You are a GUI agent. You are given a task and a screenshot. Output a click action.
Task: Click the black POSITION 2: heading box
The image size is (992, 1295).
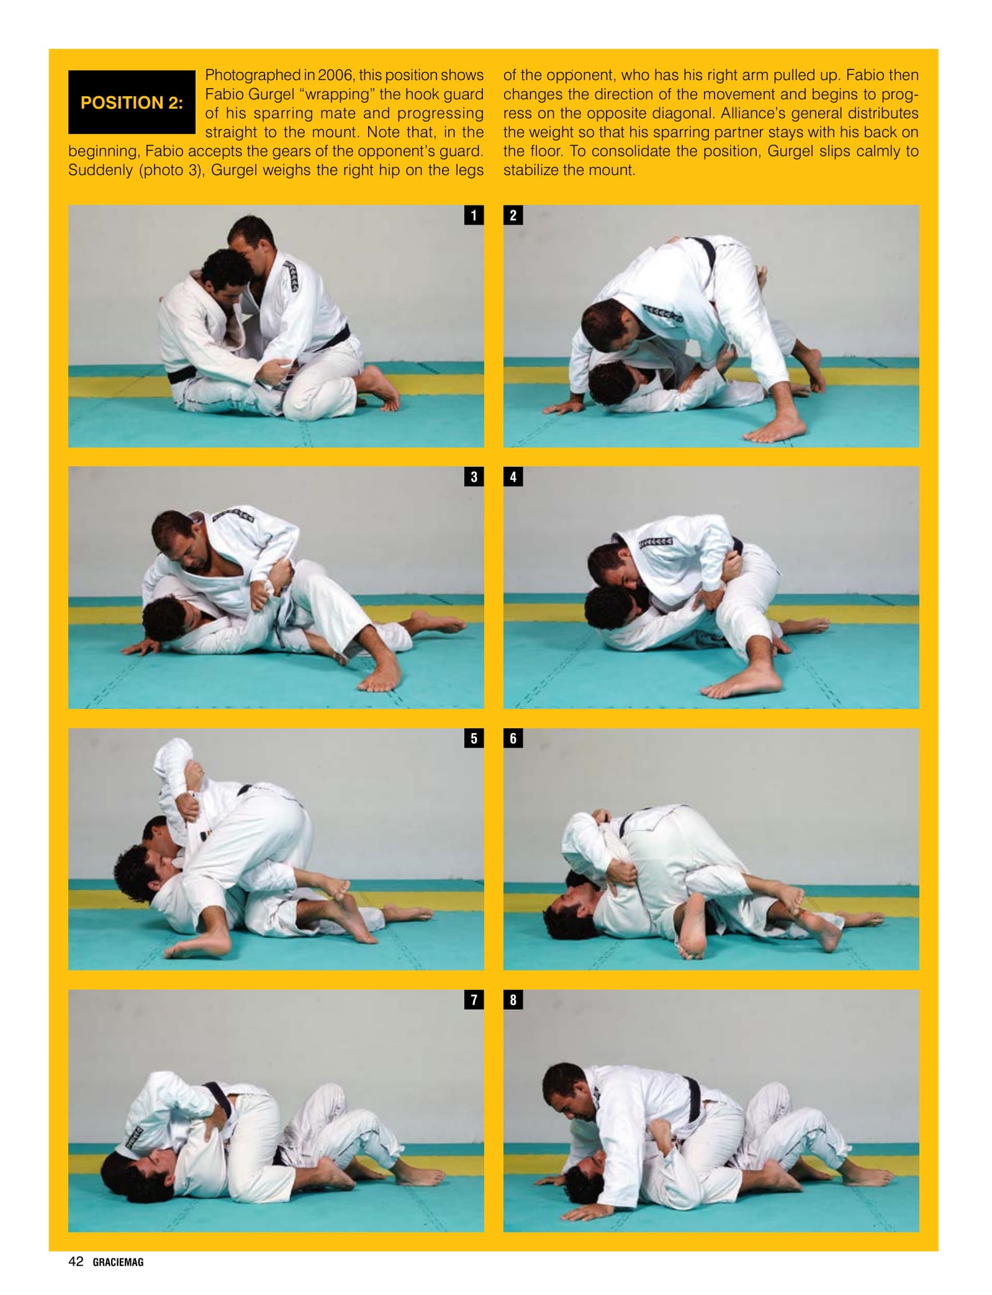132,102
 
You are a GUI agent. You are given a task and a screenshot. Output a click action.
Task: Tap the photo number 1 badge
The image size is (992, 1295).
474,215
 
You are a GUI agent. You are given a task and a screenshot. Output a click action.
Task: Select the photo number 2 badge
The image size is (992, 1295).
513,215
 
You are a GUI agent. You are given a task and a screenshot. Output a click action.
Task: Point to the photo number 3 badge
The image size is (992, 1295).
474,477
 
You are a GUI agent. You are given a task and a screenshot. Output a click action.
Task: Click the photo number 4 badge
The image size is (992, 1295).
513,477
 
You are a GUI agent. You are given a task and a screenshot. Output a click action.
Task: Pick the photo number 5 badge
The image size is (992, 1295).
474,738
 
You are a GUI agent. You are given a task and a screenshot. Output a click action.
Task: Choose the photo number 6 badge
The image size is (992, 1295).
513,738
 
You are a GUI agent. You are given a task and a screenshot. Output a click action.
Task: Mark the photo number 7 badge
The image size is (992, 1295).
474,999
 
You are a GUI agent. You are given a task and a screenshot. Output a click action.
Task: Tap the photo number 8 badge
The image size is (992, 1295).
513,999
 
